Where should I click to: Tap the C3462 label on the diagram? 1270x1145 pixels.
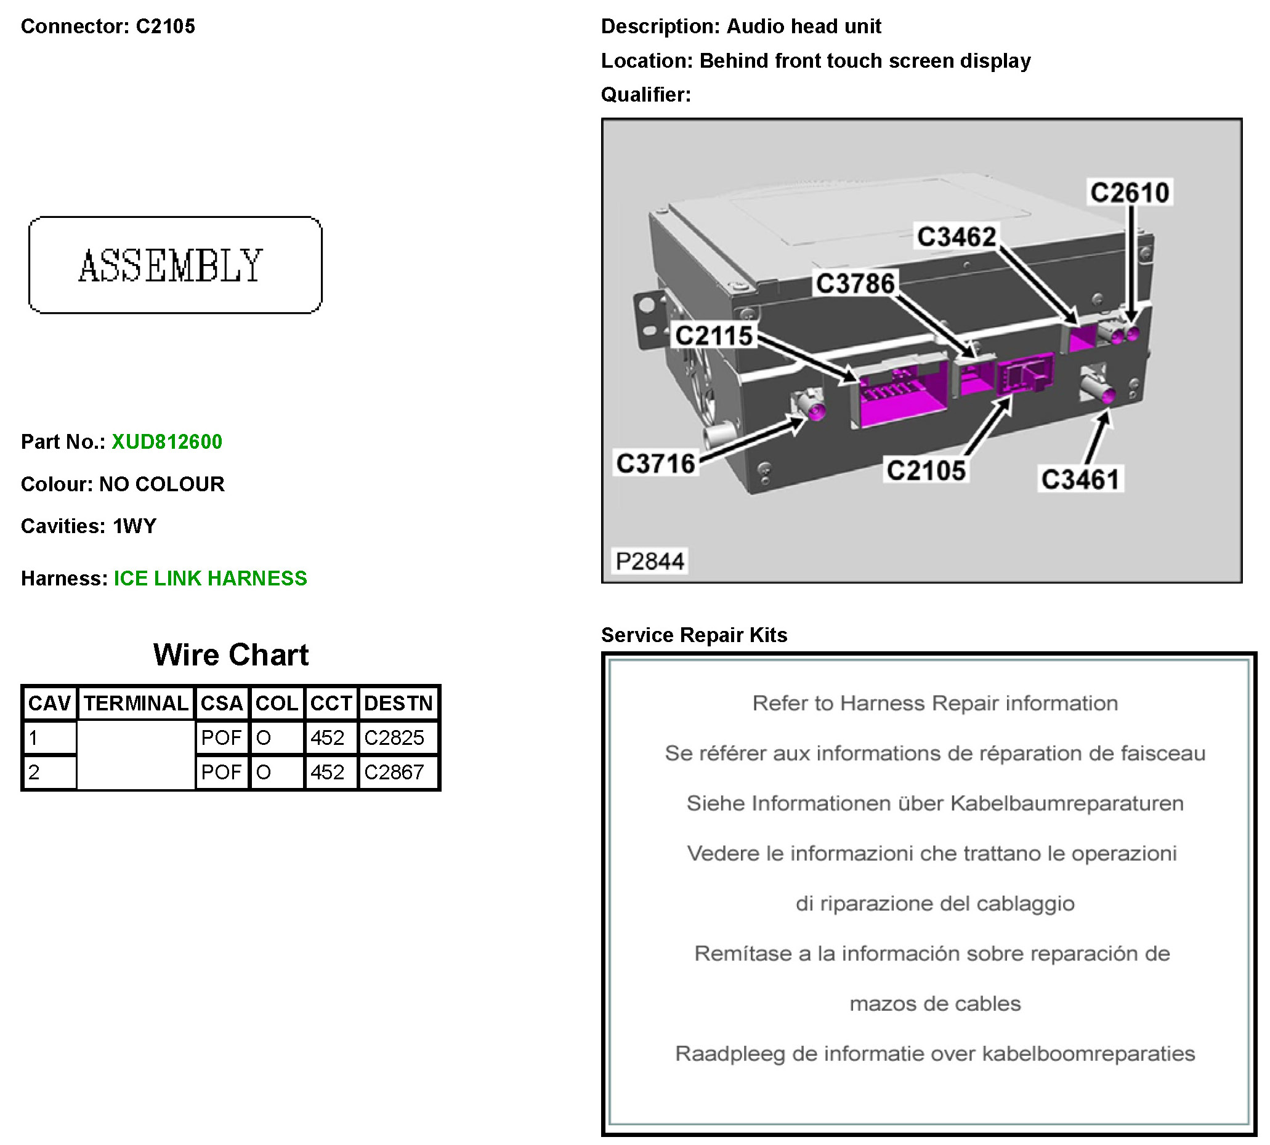tap(955, 237)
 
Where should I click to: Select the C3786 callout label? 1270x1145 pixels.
tap(855, 284)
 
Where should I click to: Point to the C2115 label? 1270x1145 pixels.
tap(713, 335)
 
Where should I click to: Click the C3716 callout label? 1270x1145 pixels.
tap(655, 464)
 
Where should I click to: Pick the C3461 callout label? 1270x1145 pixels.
tap(1080, 480)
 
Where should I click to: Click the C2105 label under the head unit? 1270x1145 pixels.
tap(925, 470)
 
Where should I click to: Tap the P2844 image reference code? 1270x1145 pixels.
tap(650, 561)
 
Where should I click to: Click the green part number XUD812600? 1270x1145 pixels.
tap(167, 441)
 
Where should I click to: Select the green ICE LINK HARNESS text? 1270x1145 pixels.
tap(210, 578)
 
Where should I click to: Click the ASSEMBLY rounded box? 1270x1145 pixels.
tap(175, 265)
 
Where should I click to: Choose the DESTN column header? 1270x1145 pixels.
tap(398, 703)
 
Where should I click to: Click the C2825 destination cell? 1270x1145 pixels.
tap(394, 737)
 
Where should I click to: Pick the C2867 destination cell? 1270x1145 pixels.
tap(394, 772)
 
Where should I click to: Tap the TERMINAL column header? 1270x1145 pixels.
tap(136, 703)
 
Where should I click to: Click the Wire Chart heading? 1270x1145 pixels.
tap(230, 655)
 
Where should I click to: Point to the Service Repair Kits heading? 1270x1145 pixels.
tap(694, 635)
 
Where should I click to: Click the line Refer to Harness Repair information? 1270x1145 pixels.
tap(934, 703)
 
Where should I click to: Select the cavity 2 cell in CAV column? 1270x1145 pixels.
tap(49, 772)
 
